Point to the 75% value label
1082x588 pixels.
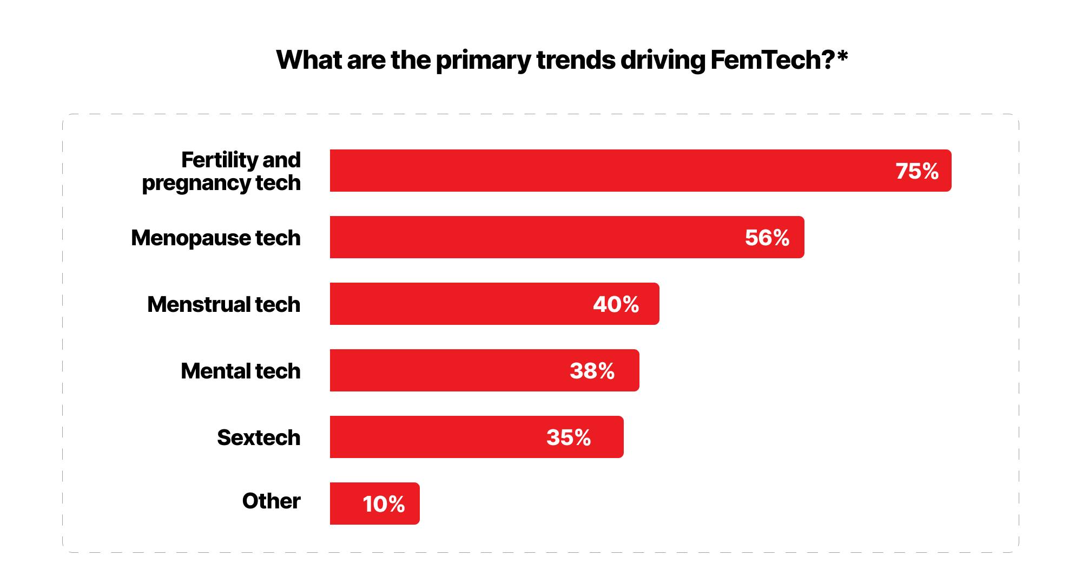[x=917, y=171]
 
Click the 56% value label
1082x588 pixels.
[x=767, y=238]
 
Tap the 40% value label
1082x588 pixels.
[x=616, y=304]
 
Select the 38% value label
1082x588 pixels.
[x=592, y=371]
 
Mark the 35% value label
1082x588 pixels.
[x=569, y=437]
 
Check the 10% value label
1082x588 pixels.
[x=384, y=504]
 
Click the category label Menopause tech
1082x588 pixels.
[x=216, y=238]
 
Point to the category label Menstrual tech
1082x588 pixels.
[x=224, y=304]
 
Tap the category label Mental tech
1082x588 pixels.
[x=241, y=371]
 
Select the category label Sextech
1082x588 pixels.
[x=259, y=437]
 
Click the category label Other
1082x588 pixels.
[x=271, y=501]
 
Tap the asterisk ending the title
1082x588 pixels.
[x=842, y=56]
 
